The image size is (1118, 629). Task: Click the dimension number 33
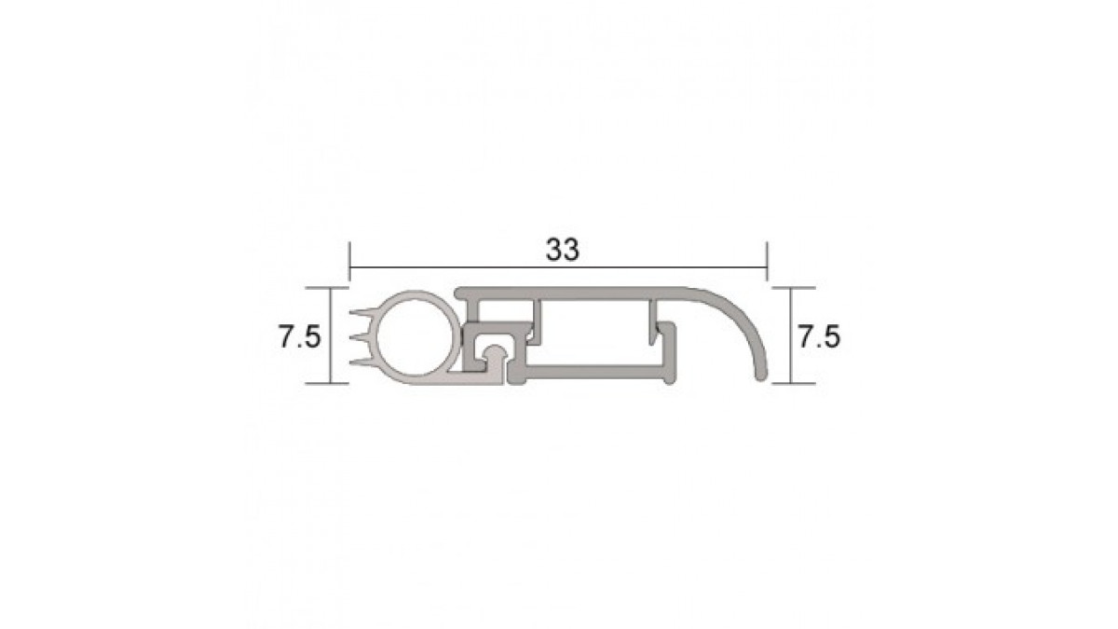pyautogui.click(x=563, y=249)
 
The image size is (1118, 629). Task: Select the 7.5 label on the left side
pyautogui.click(x=299, y=336)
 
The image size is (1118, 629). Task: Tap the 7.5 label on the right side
pyautogui.click(x=819, y=336)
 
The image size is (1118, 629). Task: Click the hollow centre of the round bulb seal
pyautogui.click(x=415, y=338)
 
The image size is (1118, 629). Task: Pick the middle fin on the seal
pyautogui.click(x=361, y=338)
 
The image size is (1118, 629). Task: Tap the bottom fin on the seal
pyautogui.click(x=363, y=362)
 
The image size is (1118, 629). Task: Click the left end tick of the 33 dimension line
pyautogui.click(x=349, y=262)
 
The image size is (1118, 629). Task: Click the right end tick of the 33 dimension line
pyautogui.click(x=767, y=262)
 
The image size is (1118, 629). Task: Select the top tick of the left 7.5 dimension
pyautogui.click(x=327, y=288)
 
